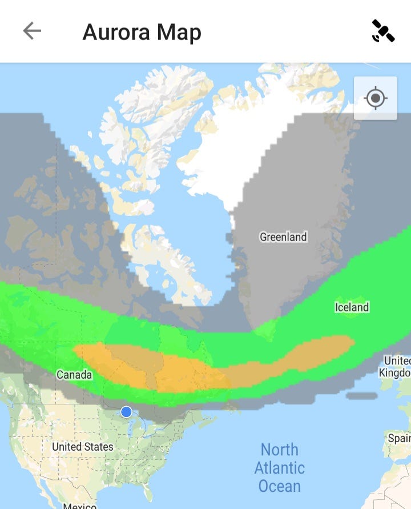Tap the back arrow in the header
[x=32, y=31]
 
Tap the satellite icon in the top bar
[x=383, y=31]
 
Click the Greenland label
[x=283, y=237]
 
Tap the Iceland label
[x=352, y=307]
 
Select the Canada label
[x=74, y=375]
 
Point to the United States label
[x=83, y=447]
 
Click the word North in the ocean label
[x=280, y=450]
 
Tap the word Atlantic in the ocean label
[x=280, y=468]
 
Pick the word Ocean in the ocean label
[x=280, y=486]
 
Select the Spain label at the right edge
[x=398, y=438]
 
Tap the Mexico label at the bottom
[x=80, y=505]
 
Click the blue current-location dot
[x=126, y=411]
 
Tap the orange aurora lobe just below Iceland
[x=320, y=350]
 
